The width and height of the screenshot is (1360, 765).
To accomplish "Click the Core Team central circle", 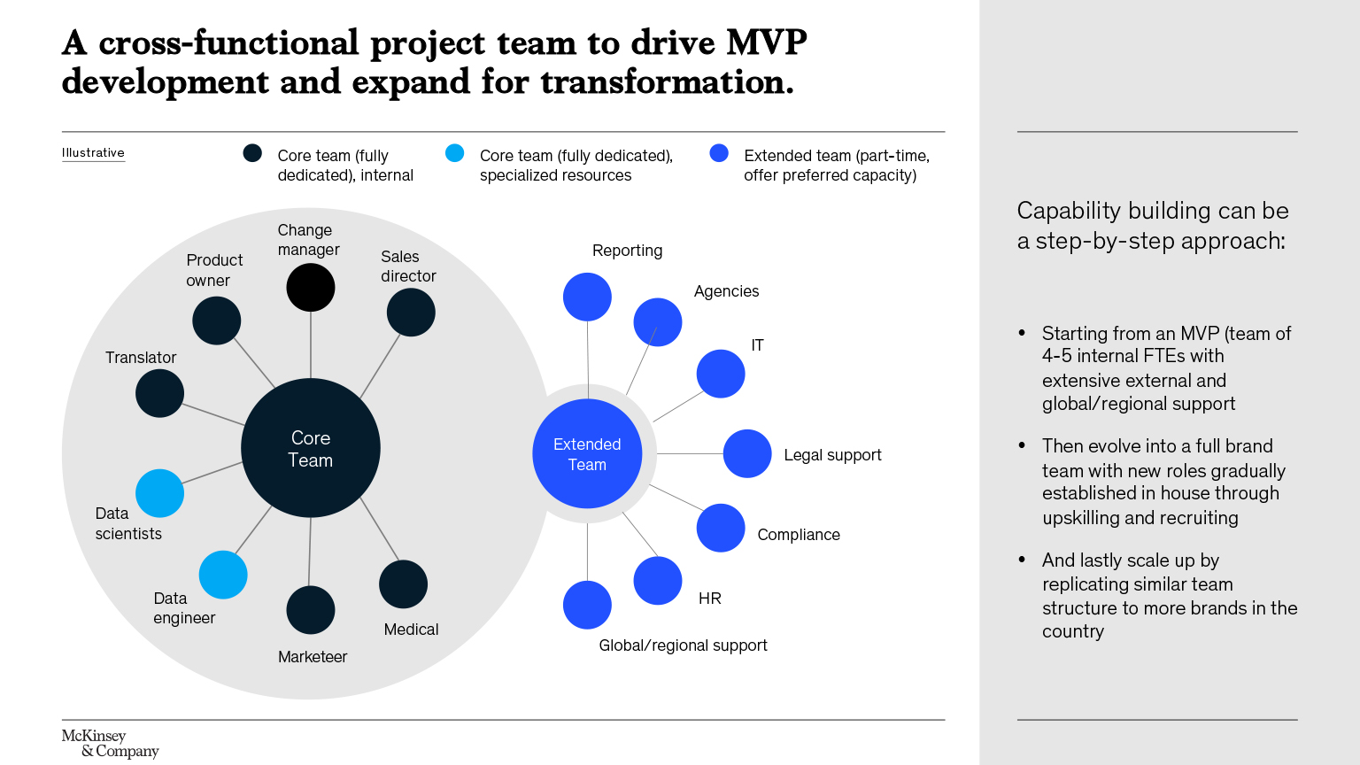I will [311, 448].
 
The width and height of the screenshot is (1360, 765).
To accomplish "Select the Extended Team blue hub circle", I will [587, 453].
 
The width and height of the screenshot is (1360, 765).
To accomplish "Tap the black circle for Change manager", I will [311, 287].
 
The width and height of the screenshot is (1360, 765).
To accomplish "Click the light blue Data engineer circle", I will [223, 575].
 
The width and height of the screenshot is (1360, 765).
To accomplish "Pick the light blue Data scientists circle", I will [160, 493].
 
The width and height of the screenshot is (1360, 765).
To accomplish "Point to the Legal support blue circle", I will [747, 453].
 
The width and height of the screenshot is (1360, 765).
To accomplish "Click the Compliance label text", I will [799, 535].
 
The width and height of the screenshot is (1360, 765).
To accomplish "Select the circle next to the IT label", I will [721, 374].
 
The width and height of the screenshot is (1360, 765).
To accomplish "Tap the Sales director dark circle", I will [411, 313].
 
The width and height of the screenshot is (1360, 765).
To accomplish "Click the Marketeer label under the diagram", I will [313, 657].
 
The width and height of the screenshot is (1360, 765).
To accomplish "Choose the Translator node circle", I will [160, 393].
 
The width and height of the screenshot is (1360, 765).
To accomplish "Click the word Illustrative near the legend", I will [93, 153].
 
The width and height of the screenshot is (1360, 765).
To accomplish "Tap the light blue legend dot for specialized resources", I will [455, 153].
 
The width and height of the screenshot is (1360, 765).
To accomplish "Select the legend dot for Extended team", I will [719, 153].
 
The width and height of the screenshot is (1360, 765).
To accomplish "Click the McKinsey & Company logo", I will [110, 744].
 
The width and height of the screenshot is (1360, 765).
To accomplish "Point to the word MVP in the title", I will [767, 42].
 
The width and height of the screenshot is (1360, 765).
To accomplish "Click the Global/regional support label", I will [683, 645].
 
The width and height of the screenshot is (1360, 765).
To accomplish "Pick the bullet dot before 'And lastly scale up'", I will [1022, 560].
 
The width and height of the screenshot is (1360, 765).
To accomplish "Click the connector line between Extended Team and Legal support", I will [690, 453].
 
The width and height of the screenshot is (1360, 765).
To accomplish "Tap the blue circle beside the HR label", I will [658, 581].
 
